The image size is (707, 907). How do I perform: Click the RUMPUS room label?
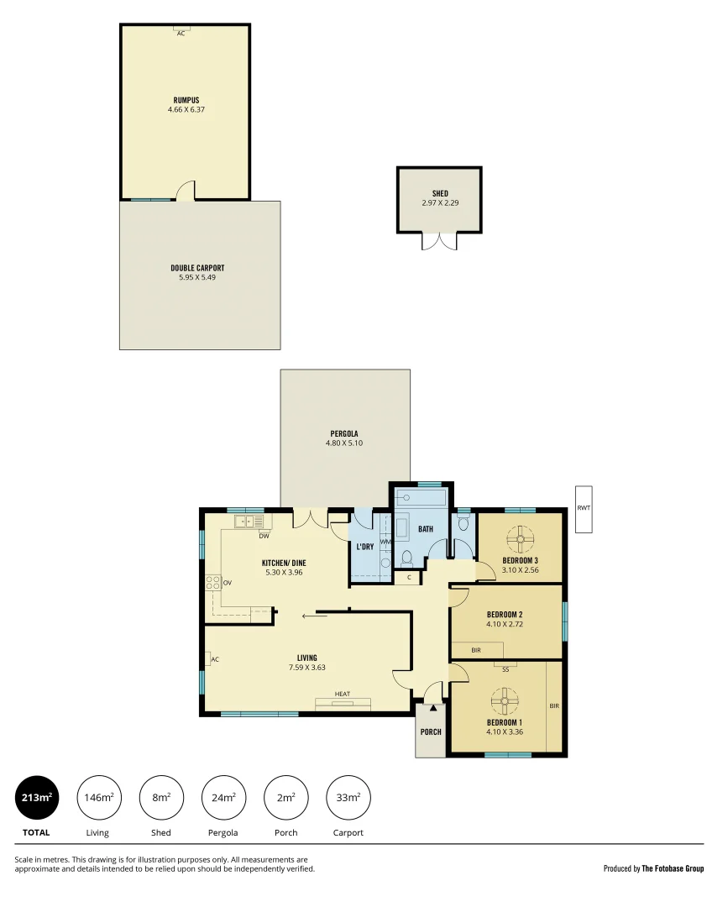(x=186, y=100)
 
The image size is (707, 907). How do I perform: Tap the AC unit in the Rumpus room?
(x=181, y=30)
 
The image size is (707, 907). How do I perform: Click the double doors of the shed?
(x=439, y=241)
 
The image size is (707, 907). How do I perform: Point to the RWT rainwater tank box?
(x=584, y=508)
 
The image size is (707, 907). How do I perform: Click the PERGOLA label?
(x=344, y=433)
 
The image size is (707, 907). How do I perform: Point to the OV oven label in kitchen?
(x=227, y=581)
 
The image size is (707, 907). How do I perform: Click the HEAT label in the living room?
(x=342, y=694)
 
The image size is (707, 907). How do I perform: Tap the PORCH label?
(x=431, y=731)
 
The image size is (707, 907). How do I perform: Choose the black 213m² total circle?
(x=37, y=797)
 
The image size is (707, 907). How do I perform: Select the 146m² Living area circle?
(x=98, y=797)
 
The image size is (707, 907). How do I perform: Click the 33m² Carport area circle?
(x=348, y=797)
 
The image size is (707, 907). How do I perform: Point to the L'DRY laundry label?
(x=364, y=547)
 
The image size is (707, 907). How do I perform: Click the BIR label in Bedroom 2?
(x=476, y=650)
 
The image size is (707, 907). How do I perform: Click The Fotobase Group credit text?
(x=673, y=868)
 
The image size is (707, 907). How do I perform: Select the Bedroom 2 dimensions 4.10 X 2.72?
(x=504, y=624)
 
